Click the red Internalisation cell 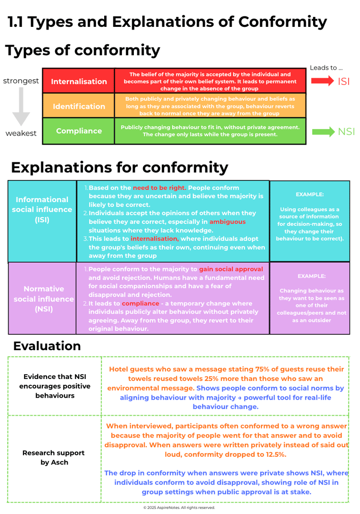pos(79,81)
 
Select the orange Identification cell pos(79,106)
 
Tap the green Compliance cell pos(79,131)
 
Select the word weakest pos(21,134)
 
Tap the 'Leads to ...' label pos(326,68)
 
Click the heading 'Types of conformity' pos(82,50)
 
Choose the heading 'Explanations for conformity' pos(119,167)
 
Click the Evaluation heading pos(47,346)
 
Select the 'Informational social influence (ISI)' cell pos(42,210)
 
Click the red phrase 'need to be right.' pos(159,188)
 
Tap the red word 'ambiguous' pos(227,221)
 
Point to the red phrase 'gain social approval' pos(231,269)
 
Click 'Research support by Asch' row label pos(53,457)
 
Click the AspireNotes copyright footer pos(179,507)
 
